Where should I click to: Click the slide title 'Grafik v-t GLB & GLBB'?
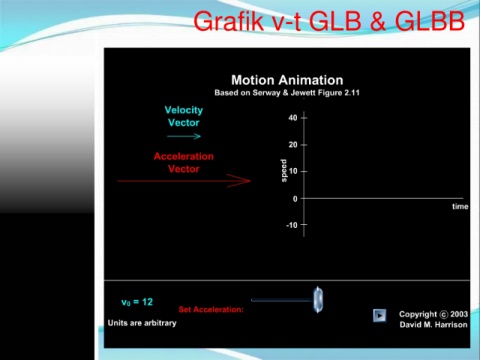329,21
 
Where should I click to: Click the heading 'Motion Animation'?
287,80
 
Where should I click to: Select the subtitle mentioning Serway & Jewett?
287,93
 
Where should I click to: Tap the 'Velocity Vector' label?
184,116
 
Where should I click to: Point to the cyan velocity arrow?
184,136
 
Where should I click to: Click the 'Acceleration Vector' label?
184,163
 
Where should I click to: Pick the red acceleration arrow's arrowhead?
239,181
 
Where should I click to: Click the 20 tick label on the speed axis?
293,145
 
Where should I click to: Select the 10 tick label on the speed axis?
293,171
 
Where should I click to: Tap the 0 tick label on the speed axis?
295,199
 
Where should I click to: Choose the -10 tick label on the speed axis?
292,225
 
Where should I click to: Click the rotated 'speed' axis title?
284,171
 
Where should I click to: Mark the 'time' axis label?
460,206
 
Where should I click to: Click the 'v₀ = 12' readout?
137,302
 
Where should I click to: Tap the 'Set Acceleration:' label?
211,309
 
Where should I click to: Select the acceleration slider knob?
318,300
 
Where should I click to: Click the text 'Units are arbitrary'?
142,323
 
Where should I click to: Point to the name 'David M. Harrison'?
434,325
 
